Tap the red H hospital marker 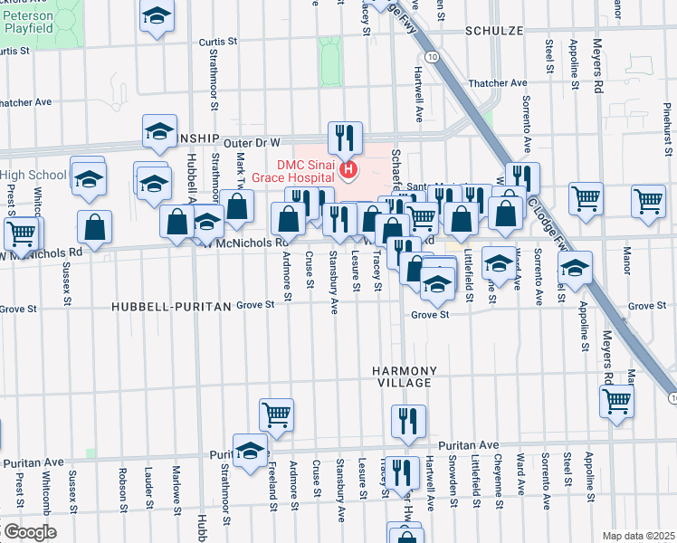pos(347,168)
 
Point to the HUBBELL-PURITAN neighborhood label pos(172,307)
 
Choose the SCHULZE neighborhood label pos(495,30)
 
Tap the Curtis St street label pos(217,42)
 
